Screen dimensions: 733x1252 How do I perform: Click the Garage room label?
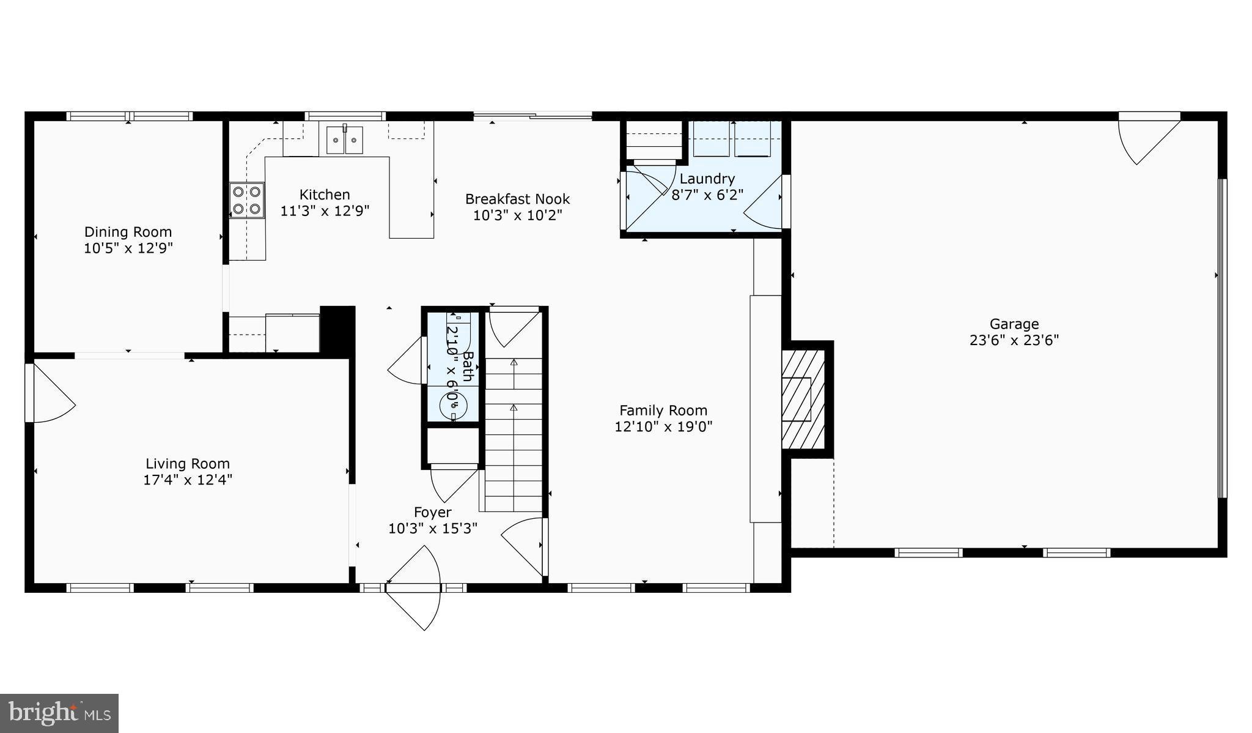click(x=1014, y=324)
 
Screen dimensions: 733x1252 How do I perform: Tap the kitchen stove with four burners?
click(x=247, y=200)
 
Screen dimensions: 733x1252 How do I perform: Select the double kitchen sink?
click(x=344, y=140)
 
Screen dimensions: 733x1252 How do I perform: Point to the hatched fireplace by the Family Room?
click(x=803, y=399)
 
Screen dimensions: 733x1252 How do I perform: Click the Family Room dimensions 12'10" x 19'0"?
click(x=663, y=426)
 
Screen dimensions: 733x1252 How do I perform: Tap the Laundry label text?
click(x=707, y=179)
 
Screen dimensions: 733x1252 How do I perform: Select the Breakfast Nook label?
click(x=517, y=199)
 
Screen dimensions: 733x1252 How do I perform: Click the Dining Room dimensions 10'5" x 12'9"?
click(x=128, y=248)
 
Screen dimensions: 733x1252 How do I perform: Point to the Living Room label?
click(x=188, y=464)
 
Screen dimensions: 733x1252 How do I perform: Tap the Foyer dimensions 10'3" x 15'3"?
click(x=433, y=528)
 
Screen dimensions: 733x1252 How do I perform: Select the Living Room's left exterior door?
click(x=50, y=393)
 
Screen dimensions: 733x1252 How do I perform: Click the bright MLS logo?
click(x=59, y=713)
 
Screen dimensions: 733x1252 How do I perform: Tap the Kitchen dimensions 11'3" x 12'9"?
click(x=325, y=211)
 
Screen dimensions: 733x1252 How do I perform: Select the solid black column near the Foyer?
click(x=337, y=329)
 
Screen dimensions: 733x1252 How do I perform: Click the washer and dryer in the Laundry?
click(x=732, y=139)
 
